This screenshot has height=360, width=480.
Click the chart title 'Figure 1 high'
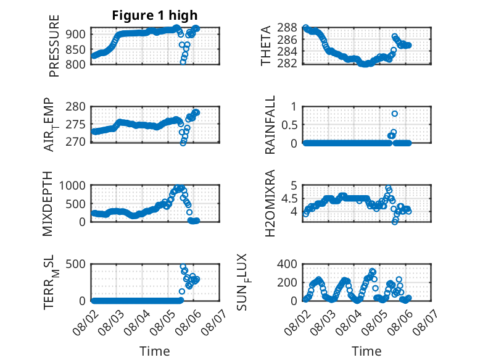pyautogui.click(x=155, y=15)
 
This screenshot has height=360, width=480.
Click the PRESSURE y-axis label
pyautogui.click(x=54, y=46)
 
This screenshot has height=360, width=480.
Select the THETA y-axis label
pyautogui.click(x=266, y=46)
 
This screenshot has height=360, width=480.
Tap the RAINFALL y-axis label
pyautogui.click(x=270, y=125)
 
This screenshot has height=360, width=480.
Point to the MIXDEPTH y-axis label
pyautogui.click(x=48, y=204)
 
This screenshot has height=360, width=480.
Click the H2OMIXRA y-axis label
pyautogui.click(x=270, y=203)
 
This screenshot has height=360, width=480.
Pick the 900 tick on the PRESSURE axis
pyautogui.click(x=76, y=34)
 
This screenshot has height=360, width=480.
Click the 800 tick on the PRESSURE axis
pyautogui.click(x=76, y=64)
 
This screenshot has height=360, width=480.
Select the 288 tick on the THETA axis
pyautogui.click(x=287, y=28)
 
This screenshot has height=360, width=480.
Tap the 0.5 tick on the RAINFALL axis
pyautogui.click(x=289, y=125)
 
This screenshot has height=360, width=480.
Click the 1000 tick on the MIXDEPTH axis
pyautogui.click(x=72, y=185)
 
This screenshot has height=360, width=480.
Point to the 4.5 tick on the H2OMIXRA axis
pyautogui.click(x=289, y=199)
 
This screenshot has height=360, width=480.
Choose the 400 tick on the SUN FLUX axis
pyautogui.click(x=287, y=264)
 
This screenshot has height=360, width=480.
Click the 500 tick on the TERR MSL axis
pyautogui.click(x=76, y=264)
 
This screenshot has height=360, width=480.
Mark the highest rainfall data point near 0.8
pyautogui.click(x=395, y=114)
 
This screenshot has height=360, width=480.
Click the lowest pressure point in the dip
pyautogui.click(x=183, y=62)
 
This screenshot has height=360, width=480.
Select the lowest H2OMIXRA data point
pyautogui.click(x=395, y=222)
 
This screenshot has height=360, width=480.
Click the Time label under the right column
pyautogui.click(x=366, y=351)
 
